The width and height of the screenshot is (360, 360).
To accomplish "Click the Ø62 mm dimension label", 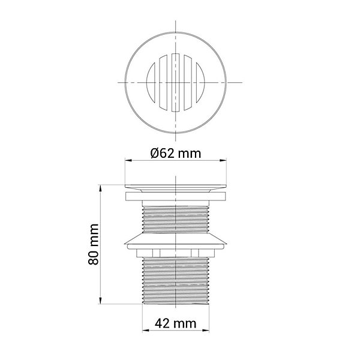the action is (x=176, y=153).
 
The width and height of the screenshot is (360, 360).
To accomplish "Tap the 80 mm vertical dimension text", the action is (x=94, y=244).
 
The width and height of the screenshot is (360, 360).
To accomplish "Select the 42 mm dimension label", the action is (x=176, y=324).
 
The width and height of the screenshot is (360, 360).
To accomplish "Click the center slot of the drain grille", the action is (x=176, y=83).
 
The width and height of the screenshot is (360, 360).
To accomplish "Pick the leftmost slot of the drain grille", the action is (x=151, y=83).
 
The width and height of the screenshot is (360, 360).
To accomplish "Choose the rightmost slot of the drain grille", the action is (x=200, y=83).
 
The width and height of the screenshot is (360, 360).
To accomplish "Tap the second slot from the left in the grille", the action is (x=163, y=83).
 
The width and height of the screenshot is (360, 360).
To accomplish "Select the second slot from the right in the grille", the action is (x=188, y=83).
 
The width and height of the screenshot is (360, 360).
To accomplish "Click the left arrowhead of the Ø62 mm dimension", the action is (x=128, y=160).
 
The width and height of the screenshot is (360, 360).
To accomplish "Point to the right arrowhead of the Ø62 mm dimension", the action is (x=223, y=160).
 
